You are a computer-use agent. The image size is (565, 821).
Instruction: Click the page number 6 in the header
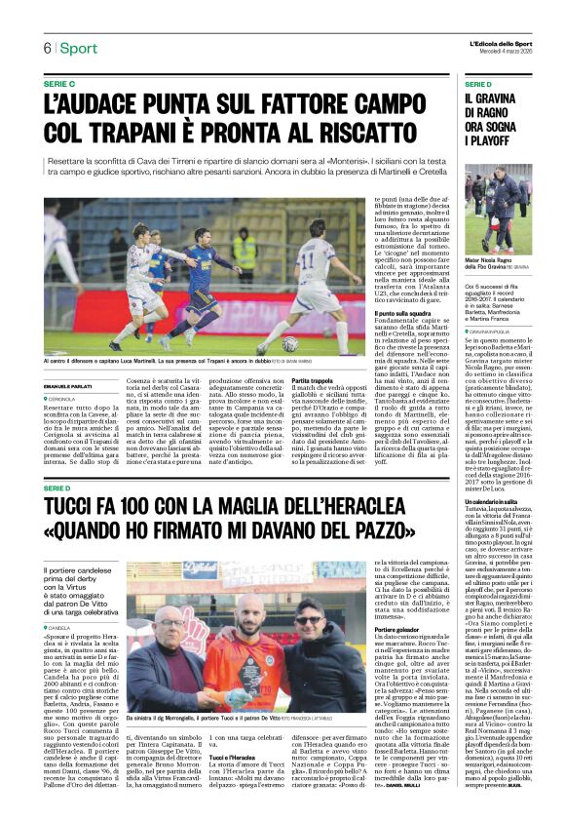tap(46, 48)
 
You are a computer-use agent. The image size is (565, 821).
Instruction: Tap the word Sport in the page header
tap(78, 48)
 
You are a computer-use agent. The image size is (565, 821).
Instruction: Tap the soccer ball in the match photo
tap(289, 343)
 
